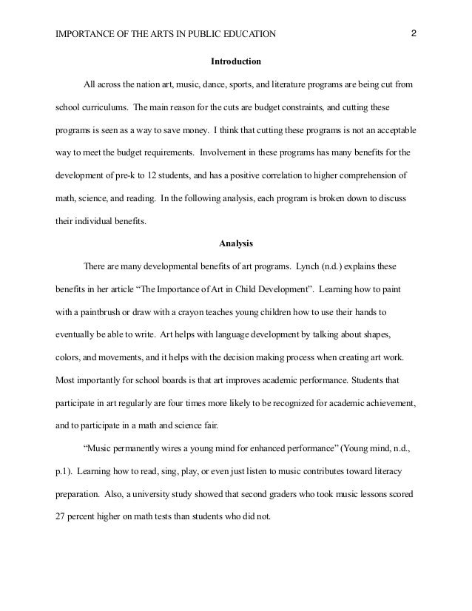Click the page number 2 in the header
[x=414, y=33]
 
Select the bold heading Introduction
[x=236, y=60]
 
